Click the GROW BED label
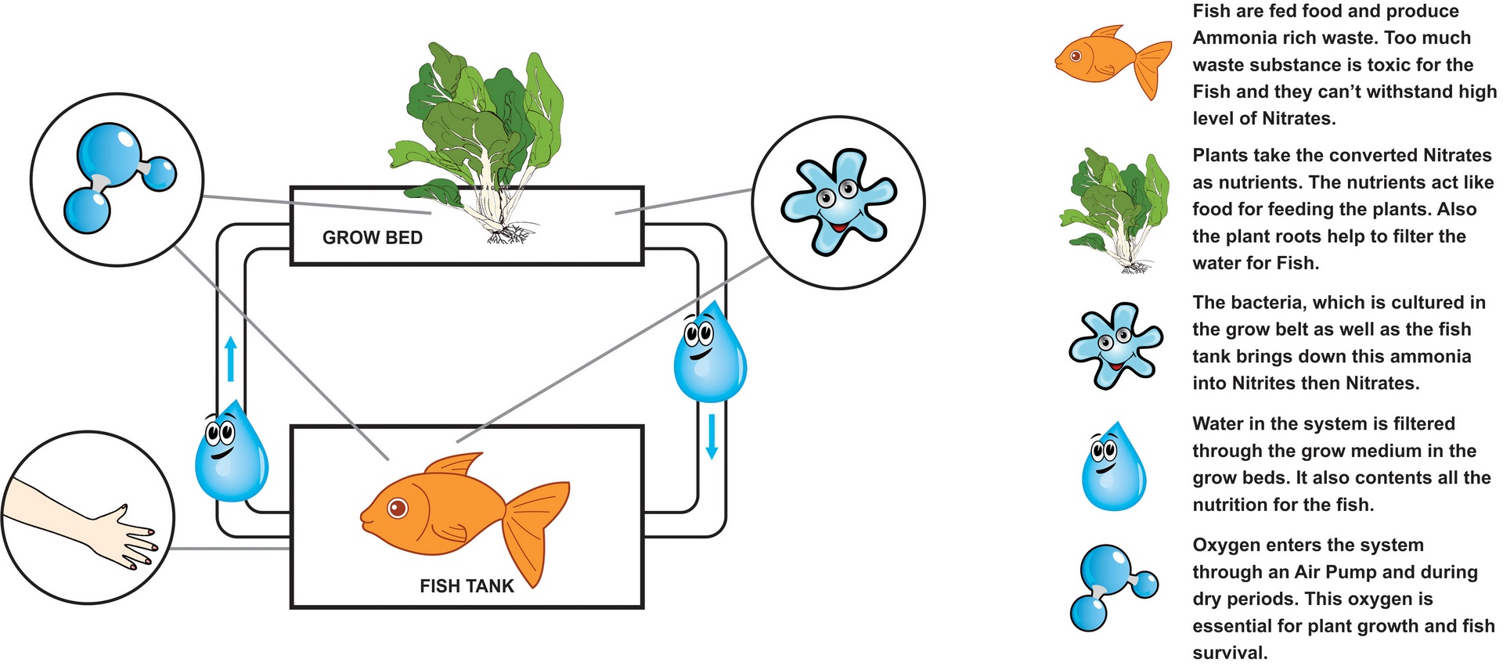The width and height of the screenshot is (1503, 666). (x=372, y=238)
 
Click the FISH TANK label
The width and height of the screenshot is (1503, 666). (x=467, y=586)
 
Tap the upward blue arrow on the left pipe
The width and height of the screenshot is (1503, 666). (x=230, y=359)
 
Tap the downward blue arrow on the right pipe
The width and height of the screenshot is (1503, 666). (x=712, y=436)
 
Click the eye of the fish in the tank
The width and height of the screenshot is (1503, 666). (x=398, y=508)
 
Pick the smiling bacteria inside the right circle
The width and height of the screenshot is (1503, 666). (x=838, y=200)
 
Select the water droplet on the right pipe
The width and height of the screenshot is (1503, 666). (x=709, y=352)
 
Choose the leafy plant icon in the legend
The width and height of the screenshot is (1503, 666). (x=1115, y=208)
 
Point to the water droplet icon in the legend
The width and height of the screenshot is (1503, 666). (x=1112, y=467)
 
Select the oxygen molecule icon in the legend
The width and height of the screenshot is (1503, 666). (x=1112, y=588)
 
